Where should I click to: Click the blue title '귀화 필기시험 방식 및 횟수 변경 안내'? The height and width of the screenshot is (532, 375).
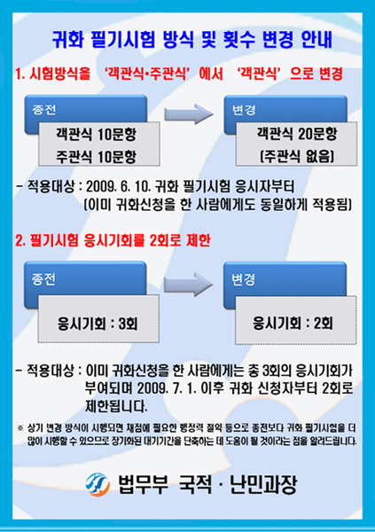tap(192, 40)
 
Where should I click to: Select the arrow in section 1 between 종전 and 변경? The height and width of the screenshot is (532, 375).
tap(189, 114)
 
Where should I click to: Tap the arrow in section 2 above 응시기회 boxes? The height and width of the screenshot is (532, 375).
tap(188, 285)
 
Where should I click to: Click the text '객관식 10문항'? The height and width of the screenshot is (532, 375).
tap(97, 135)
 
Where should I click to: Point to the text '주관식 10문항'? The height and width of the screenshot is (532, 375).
tap(97, 156)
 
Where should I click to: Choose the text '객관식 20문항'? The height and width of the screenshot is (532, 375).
tap(297, 134)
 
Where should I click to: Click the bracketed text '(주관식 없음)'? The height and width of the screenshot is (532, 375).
tap(297, 156)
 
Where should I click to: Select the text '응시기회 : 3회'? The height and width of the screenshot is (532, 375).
tap(98, 324)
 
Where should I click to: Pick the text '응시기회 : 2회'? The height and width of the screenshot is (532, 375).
tap(293, 323)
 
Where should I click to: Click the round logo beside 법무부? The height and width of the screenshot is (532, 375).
tap(98, 484)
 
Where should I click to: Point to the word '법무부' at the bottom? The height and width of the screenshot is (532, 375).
tap(143, 484)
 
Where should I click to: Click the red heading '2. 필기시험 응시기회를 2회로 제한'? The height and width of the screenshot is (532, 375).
tap(113, 240)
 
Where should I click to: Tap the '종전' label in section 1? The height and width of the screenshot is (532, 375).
tap(43, 110)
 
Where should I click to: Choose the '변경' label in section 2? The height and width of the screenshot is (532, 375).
tap(243, 279)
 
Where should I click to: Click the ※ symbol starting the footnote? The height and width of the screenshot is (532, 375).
tap(20, 428)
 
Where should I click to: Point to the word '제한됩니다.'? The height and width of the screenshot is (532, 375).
tap(116, 406)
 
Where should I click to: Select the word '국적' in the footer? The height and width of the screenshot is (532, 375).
tap(195, 484)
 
